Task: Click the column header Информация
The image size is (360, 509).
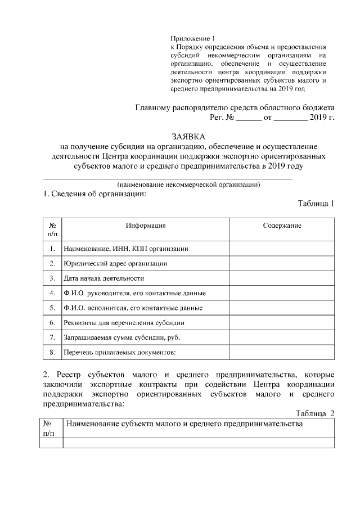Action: (145, 226)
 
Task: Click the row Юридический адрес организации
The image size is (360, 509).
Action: (115, 263)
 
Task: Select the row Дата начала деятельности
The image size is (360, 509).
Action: (104, 278)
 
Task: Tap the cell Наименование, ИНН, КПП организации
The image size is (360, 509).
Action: (125, 249)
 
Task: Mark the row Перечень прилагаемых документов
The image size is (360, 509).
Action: (120, 353)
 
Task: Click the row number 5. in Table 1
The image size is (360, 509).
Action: (52, 308)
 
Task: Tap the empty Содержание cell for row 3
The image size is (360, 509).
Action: (282, 278)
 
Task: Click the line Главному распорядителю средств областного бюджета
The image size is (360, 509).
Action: (236, 107)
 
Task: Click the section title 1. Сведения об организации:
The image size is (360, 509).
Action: (94, 195)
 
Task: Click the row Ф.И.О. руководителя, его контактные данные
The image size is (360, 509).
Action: (134, 293)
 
